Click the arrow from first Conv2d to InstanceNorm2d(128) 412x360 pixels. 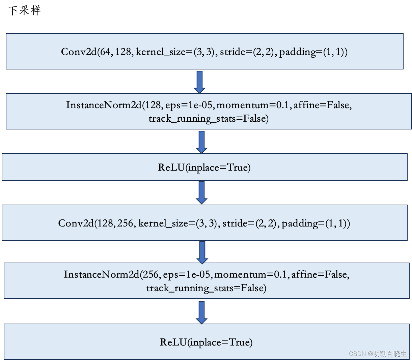(x=199, y=82)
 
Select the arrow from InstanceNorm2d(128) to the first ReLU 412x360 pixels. (x=201, y=142)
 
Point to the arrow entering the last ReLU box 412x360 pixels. (x=201, y=312)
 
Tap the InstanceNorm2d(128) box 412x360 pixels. (x=209, y=112)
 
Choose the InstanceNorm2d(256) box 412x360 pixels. (x=207, y=281)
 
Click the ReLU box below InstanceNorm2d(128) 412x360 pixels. (x=204, y=167)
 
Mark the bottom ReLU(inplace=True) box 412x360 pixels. (x=207, y=342)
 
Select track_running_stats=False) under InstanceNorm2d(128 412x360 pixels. (x=209, y=119)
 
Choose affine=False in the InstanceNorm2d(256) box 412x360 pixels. (x=320, y=274)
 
